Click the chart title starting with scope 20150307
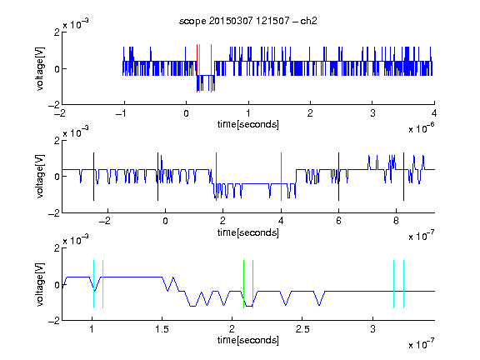pos(248,21)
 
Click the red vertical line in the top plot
pos(197,68)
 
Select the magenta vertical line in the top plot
pos(211,68)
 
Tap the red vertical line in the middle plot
pos(216,177)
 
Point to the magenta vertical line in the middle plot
pos(281,177)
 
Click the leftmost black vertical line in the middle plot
pos(93,177)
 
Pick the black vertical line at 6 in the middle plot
pos(338,177)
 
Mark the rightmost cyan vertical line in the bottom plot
pos(404,284)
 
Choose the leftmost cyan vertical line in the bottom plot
pos(93,284)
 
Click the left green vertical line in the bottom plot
pos(243,284)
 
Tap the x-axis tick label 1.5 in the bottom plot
pos(162,329)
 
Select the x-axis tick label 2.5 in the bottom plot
pos(302,329)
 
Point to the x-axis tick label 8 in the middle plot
pos(396,221)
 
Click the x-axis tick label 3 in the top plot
pos(372,113)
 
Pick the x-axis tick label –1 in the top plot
pos(122,113)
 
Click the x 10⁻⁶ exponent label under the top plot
pos(421,127)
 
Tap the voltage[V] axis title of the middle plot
pos(40,177)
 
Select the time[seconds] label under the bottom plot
pos(248,340)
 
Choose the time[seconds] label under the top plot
pos(248,124)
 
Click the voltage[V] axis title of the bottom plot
pos(40,284)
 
